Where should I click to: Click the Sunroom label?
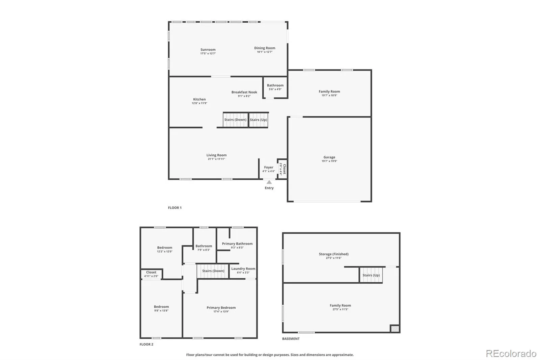click(208, 50)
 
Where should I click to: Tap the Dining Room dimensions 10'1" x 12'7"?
click(265, 52)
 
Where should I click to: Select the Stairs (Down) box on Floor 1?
click(235, 120)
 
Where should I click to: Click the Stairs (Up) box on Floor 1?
click(258, 120)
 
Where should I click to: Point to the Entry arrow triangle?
click(269, 182)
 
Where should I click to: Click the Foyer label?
click(269, 167)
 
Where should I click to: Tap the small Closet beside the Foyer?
click(282, 169)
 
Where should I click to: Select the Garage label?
click(329, 157)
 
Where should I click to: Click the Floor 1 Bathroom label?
click(275, 85)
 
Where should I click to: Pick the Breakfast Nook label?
click(244, 92)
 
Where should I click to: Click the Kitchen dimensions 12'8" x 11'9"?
click(199, 103)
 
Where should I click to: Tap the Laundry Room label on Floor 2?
click(243, 269)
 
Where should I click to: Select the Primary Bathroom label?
click(237, 244)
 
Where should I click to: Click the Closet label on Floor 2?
click(151, 272)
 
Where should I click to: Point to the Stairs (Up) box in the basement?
click(371, 275)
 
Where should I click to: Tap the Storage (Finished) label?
click(333, 254)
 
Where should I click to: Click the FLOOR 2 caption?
click(146, 344)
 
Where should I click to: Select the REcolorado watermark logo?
click(511, 354)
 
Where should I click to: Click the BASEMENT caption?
click(291, 339)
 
